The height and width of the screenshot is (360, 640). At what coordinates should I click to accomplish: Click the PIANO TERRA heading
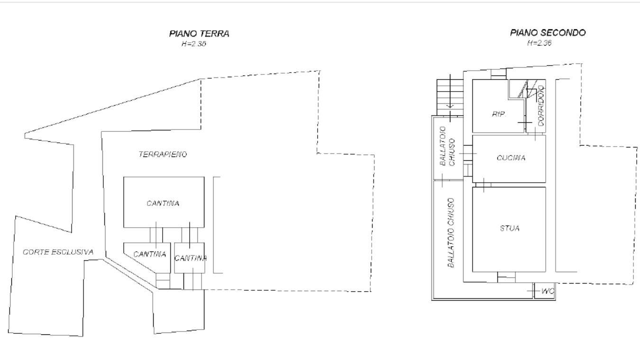click(199, 34)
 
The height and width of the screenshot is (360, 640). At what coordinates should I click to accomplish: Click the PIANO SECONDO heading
click(548, 33)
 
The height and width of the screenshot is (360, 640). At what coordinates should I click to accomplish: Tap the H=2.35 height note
click(194, 44)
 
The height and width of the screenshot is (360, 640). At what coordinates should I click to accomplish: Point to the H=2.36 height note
click(539, 43)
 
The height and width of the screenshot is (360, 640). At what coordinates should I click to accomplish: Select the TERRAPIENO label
click(163, 155)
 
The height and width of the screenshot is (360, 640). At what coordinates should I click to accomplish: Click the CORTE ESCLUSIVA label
click(58, 252)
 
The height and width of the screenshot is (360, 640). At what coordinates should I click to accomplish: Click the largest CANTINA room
click(164, 202)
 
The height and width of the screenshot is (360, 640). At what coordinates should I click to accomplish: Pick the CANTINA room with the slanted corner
click(147, 258)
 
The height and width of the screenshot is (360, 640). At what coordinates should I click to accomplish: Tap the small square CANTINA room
click(190, 258)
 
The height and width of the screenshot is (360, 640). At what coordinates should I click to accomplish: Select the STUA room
click(509, 230)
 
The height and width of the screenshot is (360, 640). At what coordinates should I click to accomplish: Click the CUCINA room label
click(511, 158)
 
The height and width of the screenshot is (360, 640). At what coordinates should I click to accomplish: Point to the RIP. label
click(499, 114)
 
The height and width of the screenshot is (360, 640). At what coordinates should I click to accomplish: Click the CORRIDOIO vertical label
click(540, 106)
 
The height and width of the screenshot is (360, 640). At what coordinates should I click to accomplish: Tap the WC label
click(548, 291)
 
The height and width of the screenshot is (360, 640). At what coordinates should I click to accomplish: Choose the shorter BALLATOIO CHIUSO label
click(447, 146)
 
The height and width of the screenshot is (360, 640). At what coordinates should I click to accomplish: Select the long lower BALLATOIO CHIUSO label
click(450, 233)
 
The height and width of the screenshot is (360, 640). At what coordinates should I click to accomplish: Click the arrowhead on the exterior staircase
click(450, 106)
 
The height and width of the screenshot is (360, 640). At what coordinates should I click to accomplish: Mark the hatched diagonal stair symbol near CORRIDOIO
click(523, 89)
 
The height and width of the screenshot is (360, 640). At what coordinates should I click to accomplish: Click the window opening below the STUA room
click(506, 277)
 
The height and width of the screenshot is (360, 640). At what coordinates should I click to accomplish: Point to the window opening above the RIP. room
click(499, 74)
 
